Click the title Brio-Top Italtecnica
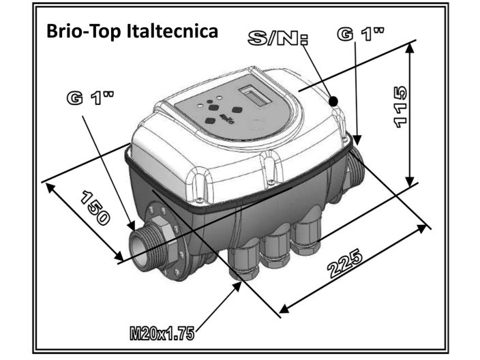point(132,31)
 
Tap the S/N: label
point(278,38)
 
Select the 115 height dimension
point(400,107)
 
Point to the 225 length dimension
point(345,264)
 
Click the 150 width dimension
point(95,208)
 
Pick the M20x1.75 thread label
point(162,333)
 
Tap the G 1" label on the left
point(90,98)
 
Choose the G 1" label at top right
point(361,33)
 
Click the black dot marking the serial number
point(333,101)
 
